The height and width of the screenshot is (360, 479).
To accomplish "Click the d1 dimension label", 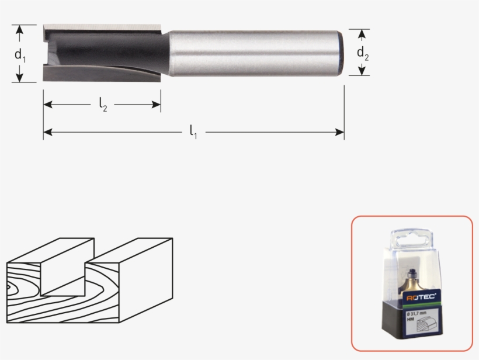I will [x=20, y=56].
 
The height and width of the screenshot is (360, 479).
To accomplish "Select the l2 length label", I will [x=103, y=105].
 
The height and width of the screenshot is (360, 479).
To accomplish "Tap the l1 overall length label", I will [x=193, y=133].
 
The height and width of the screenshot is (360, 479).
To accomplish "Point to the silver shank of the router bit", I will [x=251, y=53].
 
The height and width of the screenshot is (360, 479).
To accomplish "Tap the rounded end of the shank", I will [x=338, y=53].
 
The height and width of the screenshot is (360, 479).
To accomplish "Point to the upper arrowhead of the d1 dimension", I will [x=20, y=29].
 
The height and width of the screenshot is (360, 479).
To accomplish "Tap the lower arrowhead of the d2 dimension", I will [x=363, y=71].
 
